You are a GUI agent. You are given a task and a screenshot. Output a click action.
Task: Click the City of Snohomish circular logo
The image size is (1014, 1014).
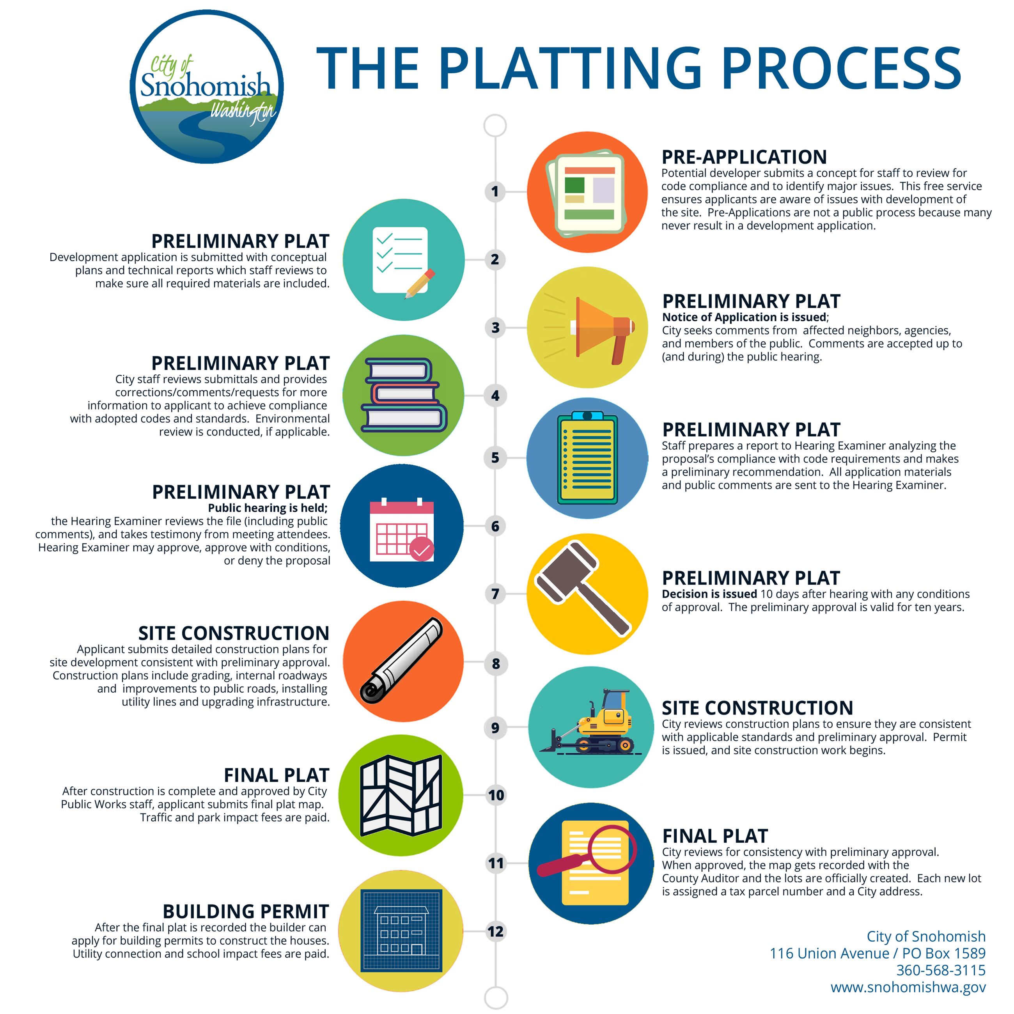[x=206, y=87]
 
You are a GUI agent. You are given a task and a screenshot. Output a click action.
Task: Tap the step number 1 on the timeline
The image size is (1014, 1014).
[x=495, y=191]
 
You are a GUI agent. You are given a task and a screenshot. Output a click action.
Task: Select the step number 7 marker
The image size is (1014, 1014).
[x=495, y=594]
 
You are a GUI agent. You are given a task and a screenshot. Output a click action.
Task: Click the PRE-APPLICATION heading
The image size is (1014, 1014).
[x=744, y=157]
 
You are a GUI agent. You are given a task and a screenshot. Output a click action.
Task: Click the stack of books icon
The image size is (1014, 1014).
[x=404, y=395]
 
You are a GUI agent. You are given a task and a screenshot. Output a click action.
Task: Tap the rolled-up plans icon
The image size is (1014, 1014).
[x=402, y=661]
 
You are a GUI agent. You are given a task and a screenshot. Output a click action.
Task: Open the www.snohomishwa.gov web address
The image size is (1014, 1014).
[x=908, y=987]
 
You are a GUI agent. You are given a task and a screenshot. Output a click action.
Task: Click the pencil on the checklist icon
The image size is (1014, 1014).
[x=420, y=284]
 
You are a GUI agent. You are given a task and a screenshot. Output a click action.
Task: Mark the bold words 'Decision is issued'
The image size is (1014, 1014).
[x=709, y=594]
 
